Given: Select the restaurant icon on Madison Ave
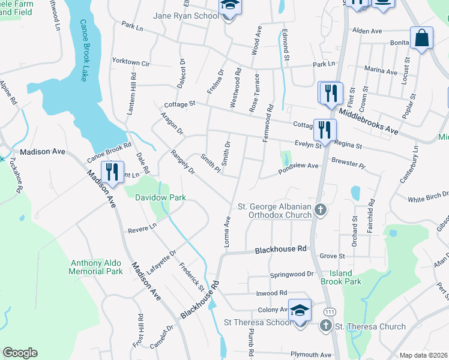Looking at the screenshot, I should click(112, 172).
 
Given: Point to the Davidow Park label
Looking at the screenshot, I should click(160, 197).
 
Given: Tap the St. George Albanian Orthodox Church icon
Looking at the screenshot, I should click(321, 209).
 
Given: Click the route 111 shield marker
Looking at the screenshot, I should click(329, 312).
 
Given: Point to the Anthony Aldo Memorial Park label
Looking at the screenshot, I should click(97, 267).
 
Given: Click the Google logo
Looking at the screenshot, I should click(20, 353).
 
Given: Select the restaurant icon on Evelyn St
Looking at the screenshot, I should click(325, 130).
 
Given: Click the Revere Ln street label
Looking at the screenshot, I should click(142, 228).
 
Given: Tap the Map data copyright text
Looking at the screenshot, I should click(423, 355).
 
